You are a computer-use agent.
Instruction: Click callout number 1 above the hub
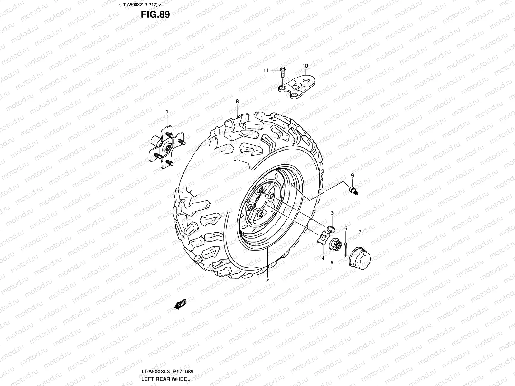(x=167, y=112)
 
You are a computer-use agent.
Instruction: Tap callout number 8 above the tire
(x=237, y=101)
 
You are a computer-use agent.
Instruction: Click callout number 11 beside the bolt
(x=266, y=70)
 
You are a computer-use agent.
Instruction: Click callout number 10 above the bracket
(x=305, y=66)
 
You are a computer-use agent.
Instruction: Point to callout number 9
(x=352, y=175)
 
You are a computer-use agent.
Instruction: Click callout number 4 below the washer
(x=323, y=258)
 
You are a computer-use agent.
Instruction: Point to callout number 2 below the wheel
(x=267, y=280)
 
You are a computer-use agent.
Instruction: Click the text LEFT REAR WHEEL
(x=166, y=379)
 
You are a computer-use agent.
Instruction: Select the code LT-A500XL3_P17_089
(x=167, y=372)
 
